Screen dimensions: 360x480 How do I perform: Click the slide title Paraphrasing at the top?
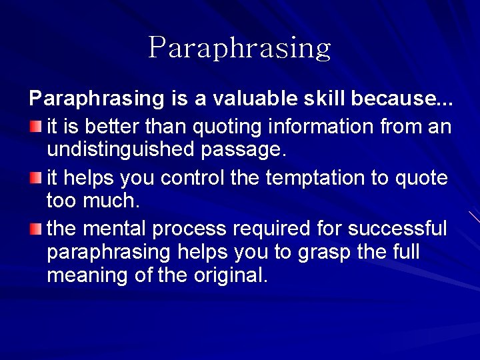click(x=239, y=48)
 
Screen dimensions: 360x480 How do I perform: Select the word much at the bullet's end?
click(x=110, y=201)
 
